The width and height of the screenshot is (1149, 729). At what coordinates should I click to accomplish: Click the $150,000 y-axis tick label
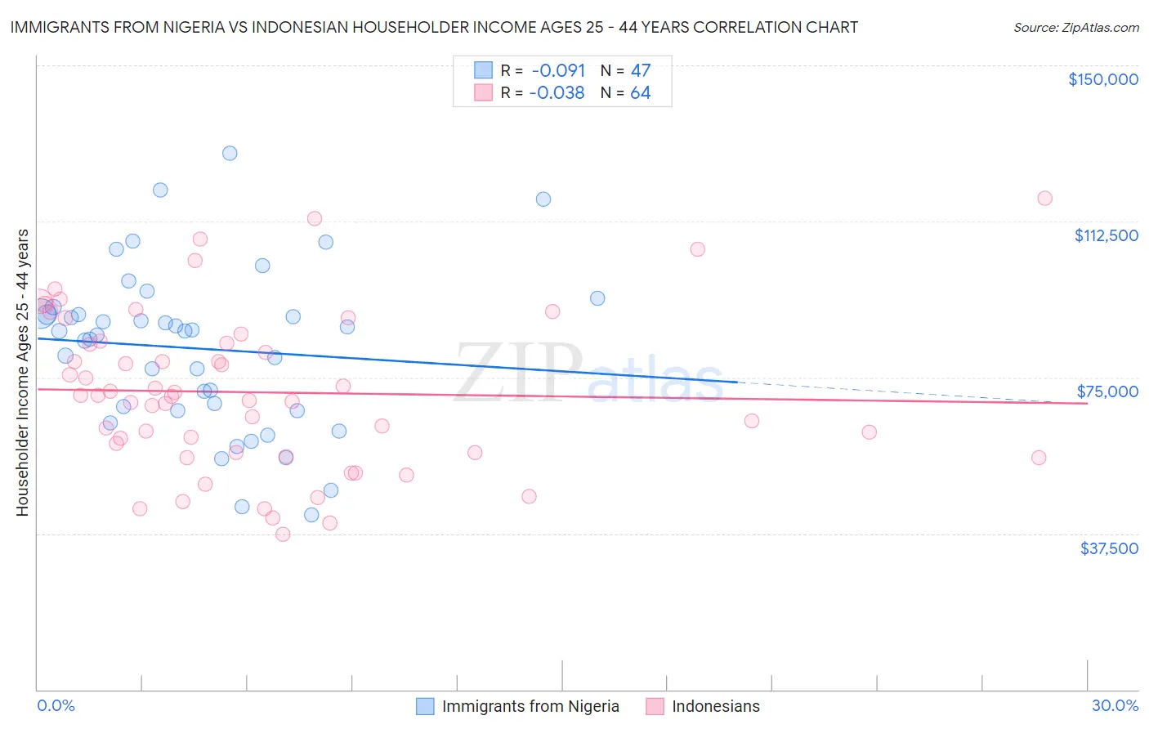pyautogui.click(x=1102, y=79)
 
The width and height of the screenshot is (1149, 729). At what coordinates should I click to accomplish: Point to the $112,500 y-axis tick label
pyautogui.click(x=1106, y=235)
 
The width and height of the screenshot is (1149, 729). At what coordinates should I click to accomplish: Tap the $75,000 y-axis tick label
pyautogui.click(x=1107, y=391)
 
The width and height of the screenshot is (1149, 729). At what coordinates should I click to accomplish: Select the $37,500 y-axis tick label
pyautogui.click(x=1109, y=548)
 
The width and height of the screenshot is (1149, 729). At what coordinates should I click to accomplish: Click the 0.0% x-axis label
pyautogui.click(x=56, y=705)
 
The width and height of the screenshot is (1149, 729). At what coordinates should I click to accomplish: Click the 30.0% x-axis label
pyautogui.click(x=1115, y=705)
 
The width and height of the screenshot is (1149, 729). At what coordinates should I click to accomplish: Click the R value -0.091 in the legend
pyautogui.click(x=558, y=70)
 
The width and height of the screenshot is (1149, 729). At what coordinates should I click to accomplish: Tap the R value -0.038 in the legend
pyautogui.click(x=557, y=92)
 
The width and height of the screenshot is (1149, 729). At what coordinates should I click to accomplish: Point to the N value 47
pyautogui.click(x=641, y=70)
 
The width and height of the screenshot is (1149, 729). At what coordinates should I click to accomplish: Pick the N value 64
pyautogui.click(x=641, y=92)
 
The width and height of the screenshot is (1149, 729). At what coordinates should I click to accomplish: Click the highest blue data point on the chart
pyautogui.click(x=230, y=153)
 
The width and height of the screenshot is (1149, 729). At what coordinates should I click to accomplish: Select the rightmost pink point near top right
pyautogui.click(x=1044, y=198)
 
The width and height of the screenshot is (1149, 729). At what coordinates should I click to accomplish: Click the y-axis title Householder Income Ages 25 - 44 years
pyautogui.click(x=22, y=373)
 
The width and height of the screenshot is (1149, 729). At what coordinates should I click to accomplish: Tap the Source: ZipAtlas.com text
pyautogui.click(x=1075, y=27)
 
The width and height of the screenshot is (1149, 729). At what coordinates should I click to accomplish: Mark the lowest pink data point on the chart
pyautogui.click(x=283, y=534)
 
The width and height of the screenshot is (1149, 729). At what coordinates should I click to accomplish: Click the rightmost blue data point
pyautogui.click(x=597, y=298)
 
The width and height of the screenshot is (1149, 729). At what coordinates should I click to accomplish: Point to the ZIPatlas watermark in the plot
pyautogui.click(x=588, y=373)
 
